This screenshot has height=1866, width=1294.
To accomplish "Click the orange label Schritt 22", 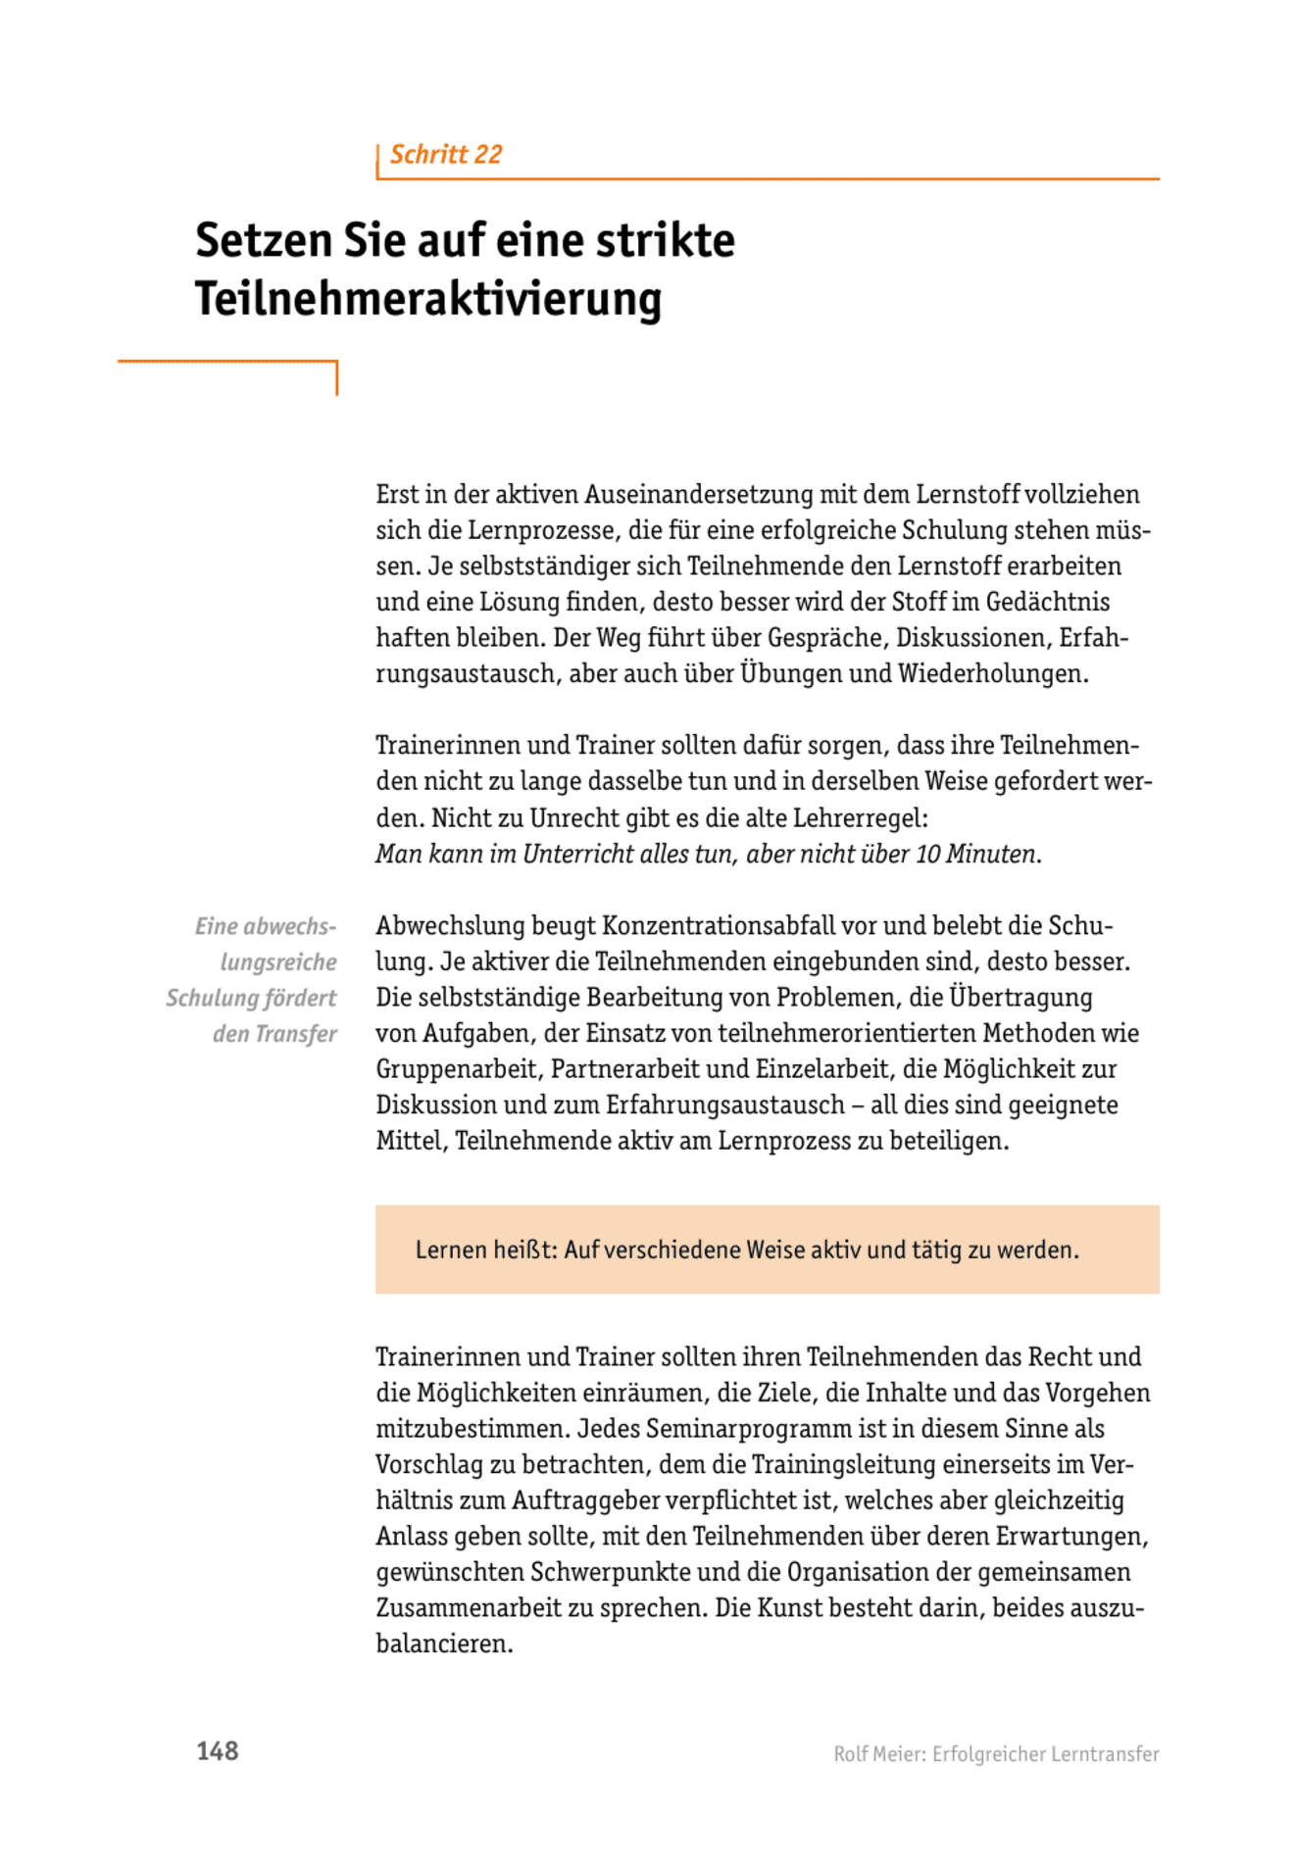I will pyautogui.click(x=446, y=155).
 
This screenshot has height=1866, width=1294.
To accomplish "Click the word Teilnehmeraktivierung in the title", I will pyautogui.click(x=428, y=299).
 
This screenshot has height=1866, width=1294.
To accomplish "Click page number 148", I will pyautogui.click(x=217, y=1751).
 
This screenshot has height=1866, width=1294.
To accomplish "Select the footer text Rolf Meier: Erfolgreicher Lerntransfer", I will pyautogui.click(x=996, y=1754).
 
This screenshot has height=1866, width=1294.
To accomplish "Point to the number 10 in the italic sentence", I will pyautogui.click(x=927, y=855).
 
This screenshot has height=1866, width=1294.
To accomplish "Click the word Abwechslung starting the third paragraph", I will pyautogui.click(x=450, y=926).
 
